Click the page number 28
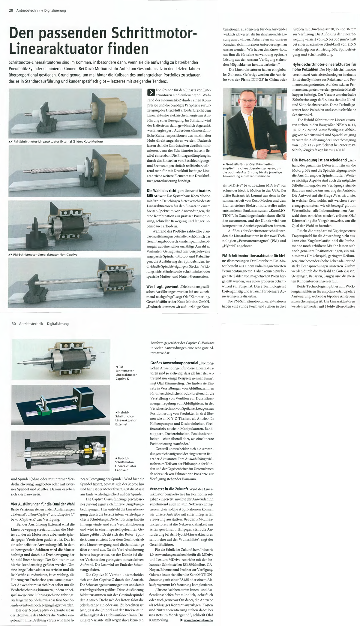[11, 11]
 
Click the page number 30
[14, 324]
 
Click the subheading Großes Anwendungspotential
[174, 363]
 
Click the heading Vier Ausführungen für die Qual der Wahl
[43, 504]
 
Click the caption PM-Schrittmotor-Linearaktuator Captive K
[126, 372]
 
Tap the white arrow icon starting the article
[151, 92]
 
